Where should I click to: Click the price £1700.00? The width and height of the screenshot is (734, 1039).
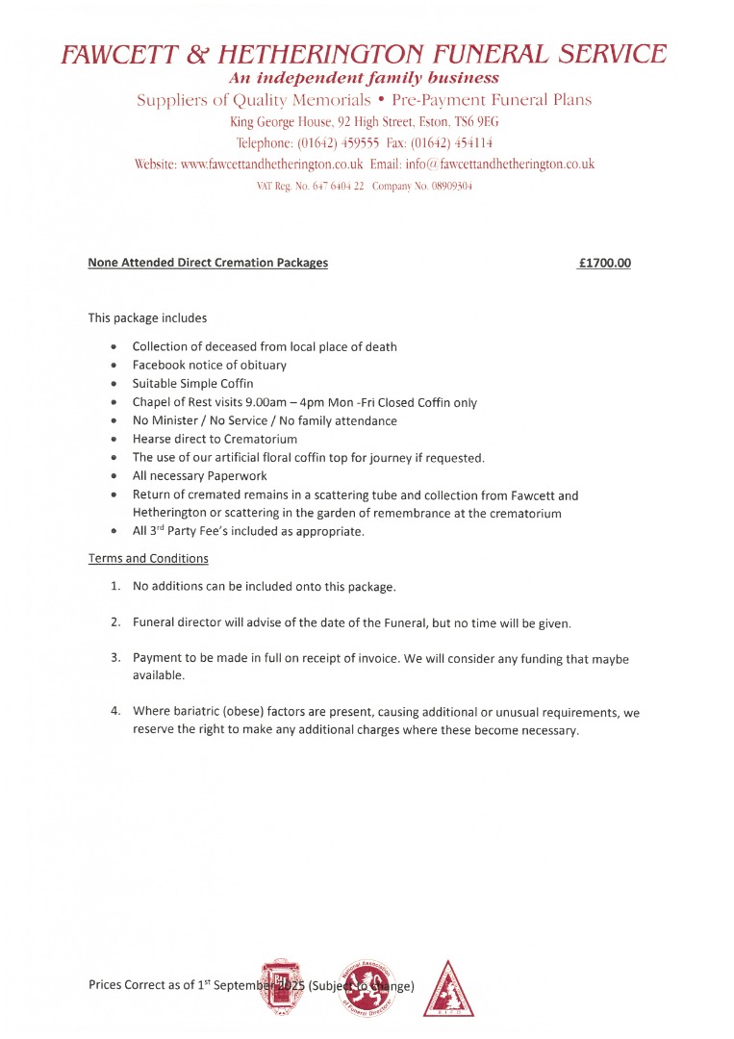pos(605,263)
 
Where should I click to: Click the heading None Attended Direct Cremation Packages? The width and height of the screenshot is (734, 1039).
pos(208,263)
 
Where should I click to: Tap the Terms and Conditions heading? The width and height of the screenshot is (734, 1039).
pos(148,558)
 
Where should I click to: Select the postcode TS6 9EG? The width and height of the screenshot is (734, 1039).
pos(472,122)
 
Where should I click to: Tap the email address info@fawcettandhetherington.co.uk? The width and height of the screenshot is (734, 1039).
pos(499,165)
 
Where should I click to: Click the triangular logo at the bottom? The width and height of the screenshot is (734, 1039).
pos(449,988)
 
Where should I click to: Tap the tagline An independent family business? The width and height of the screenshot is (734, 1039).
pos(364,78)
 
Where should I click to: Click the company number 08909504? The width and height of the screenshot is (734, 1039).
pos(443,186)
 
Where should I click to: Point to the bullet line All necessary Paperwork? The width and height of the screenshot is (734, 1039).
pos(200,476)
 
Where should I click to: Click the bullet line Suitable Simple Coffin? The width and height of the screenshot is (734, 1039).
pos(193,384)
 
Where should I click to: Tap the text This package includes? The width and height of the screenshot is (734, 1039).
pos(147,317)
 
